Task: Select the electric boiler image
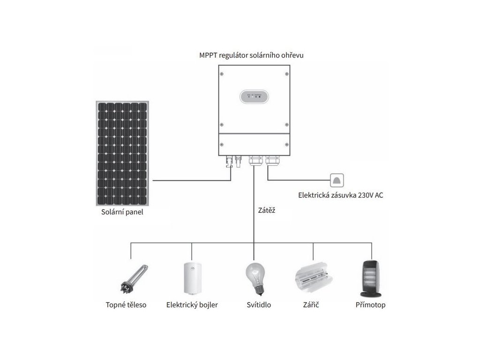(191, 279)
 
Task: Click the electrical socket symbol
(337, 180)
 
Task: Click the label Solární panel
(122, 212)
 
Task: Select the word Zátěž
(266, 210)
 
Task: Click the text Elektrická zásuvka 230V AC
(340, 195)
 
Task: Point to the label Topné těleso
(126, 305)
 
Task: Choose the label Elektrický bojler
(192, 305)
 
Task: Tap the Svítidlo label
(259, 305)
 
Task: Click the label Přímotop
(370, 305)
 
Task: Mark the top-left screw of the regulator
(222, 73)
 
